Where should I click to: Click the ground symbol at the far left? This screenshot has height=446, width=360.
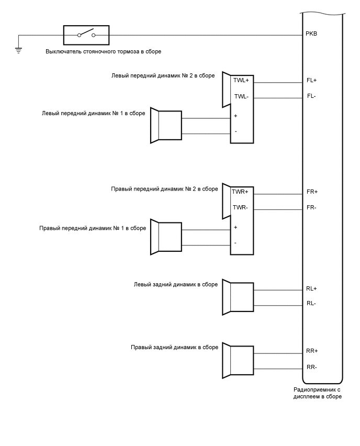pos(19,50)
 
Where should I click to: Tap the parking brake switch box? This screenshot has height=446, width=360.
pos(86,35)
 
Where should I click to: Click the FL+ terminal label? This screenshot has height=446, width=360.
pos(312,81)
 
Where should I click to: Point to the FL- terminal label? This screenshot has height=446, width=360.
pos(311,96)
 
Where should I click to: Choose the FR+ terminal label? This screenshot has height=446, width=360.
pos(312,192)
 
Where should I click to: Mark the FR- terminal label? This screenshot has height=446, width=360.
pos(312,207)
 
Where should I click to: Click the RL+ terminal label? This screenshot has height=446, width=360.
pos(312,288)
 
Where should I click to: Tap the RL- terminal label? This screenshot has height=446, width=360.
pos(311,304)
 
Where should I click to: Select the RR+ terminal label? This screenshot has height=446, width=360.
pos(312,351)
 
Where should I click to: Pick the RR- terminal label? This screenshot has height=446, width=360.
pos(312,366)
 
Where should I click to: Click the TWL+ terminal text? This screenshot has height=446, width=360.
pos(241,81)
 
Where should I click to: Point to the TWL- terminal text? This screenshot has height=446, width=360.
pos(241,96)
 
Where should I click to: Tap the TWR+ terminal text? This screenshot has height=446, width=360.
pos(240,192)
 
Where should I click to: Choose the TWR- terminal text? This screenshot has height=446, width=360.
pos(240,207)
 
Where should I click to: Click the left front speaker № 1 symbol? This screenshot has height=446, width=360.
pos(166,125)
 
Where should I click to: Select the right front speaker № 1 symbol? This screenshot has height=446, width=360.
pos(166,237)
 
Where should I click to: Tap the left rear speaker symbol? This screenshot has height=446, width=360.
pos(238,297)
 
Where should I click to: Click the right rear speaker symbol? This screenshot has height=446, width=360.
pos(238,359)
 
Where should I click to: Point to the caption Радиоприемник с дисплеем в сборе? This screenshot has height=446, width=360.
pos(318,393)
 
